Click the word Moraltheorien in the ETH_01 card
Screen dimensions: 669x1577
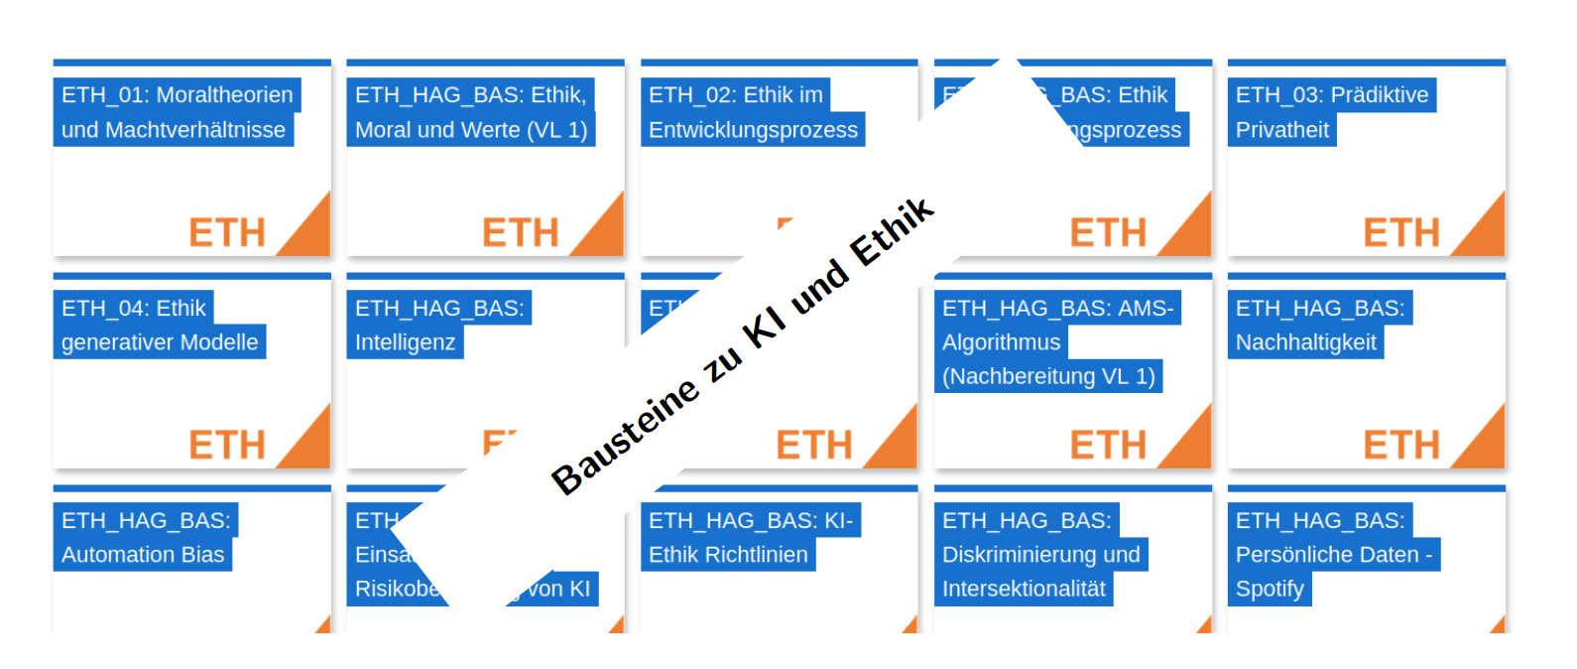click(x=225, y=95)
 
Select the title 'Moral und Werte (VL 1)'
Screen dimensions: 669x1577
click(x=471, y=130)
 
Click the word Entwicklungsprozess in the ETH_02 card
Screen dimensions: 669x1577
click(x=753, y=130)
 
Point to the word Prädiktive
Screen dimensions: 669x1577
click(x=1380, y=95)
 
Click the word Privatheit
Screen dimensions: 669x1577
click(x=1282, y=130)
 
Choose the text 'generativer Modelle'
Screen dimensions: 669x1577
click(x=160, y=342)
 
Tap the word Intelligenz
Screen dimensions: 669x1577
click(x=406, y=342)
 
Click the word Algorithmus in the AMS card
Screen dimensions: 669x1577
click(x=1002, y=342)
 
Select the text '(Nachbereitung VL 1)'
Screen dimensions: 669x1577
click(x=1048, y=376)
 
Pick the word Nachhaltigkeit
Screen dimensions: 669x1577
click(x=1306, y=342)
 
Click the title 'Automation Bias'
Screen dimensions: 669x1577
click(x=143, y=555)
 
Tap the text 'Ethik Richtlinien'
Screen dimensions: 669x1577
click(x=728, y=555)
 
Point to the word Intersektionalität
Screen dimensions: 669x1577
click(x=1024, y=589)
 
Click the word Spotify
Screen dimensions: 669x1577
click(x=1270, y=589)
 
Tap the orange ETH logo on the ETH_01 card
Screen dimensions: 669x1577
click(x=227, y=233)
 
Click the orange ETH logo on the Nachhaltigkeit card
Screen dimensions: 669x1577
click(x=1400, y=446)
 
